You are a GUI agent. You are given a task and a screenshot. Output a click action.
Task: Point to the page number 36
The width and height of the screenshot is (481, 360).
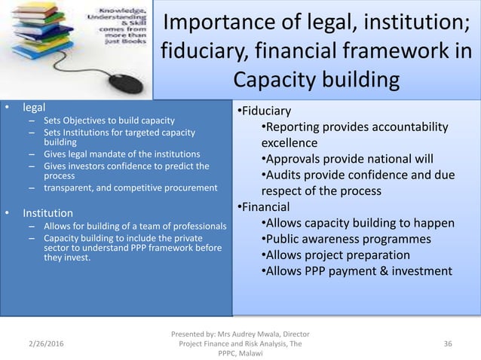coord(449,344)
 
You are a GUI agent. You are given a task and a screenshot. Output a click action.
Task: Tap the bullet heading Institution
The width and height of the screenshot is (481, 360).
coord(47,212)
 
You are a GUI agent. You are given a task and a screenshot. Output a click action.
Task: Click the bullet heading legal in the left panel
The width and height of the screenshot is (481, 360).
coord(33,107)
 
